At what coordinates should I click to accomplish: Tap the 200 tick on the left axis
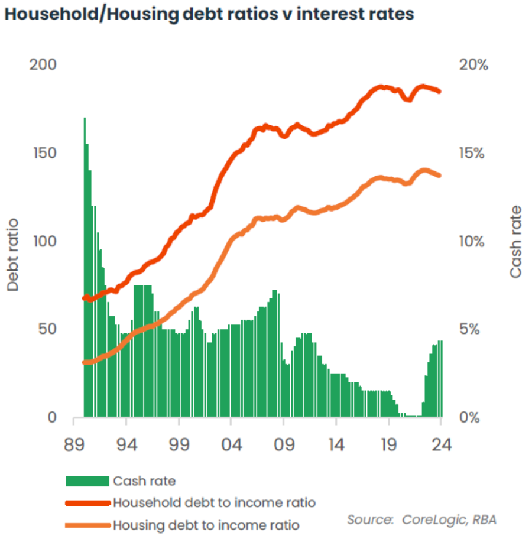43,64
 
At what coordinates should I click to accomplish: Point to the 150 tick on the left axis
43,153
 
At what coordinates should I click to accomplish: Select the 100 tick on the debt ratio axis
43,241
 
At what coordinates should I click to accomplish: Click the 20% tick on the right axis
473,64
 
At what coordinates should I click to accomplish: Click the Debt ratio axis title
13,255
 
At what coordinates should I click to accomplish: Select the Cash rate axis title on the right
516,242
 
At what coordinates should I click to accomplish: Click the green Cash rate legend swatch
87,480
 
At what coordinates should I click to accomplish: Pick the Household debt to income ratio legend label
214,503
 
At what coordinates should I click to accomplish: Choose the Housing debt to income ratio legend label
206,525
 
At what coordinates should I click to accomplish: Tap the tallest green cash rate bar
85,266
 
